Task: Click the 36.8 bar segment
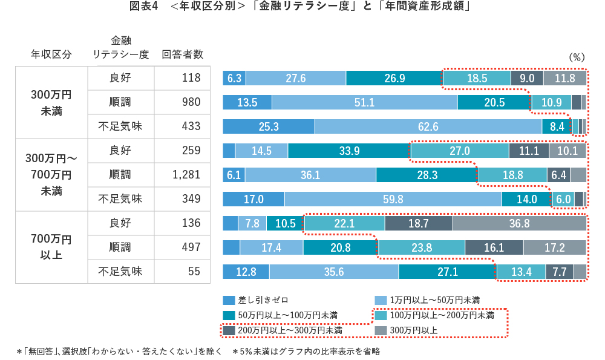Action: point(520,223)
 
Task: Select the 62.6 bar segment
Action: point(428,126)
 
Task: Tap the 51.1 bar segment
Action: point(364,102)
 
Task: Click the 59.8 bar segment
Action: point(393,199)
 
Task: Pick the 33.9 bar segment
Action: point(348,151)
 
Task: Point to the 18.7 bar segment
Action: point(418,223)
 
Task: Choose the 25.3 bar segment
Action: point(269,126)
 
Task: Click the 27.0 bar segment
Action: point(459,151)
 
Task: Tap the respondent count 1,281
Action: point(186,175)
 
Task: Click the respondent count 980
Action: point(191,102)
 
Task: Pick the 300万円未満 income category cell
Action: point(51,103)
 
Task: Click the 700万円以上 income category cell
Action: point(51,247)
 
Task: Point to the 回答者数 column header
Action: point(182,54)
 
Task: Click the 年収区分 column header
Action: point(51,54)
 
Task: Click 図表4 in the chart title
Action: point(143,8)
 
